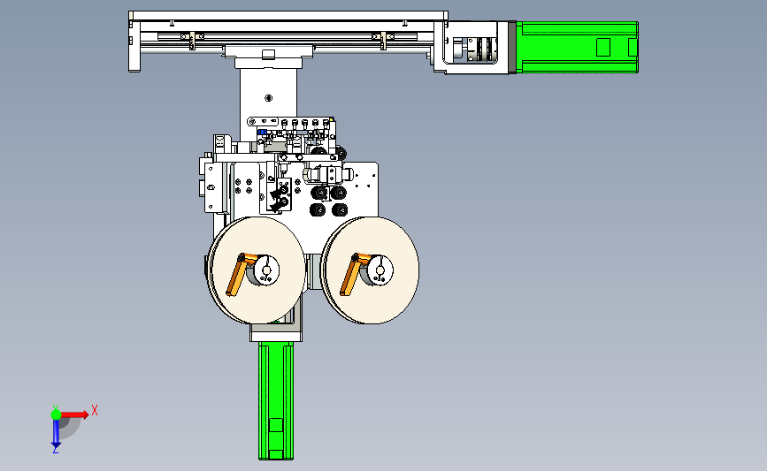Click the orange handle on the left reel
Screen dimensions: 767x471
tap(237, 274)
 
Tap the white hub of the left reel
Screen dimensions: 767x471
tap(266, 270)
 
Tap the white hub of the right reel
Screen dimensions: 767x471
tap(380, 270)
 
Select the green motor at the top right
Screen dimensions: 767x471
tap(577, 48)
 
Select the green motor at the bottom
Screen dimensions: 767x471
tap(276, 400)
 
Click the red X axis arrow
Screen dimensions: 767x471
tap(74, 414)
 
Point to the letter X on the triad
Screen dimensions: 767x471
tap(95, 410)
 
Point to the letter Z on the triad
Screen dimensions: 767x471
tap(55, 450)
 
